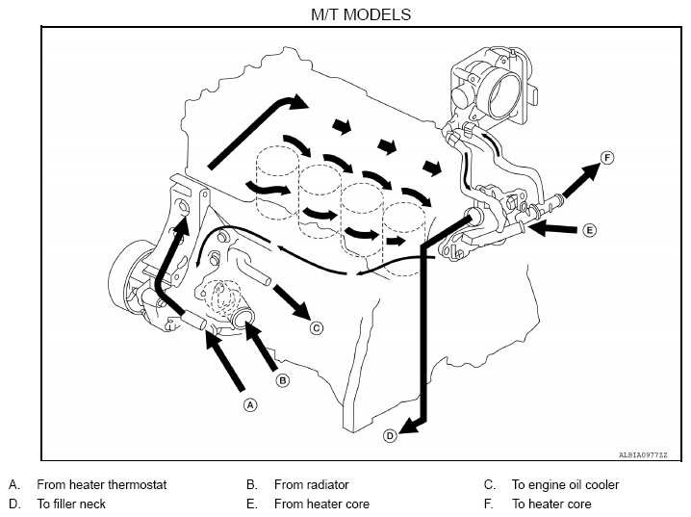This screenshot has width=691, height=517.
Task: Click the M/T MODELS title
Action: pyautogui.click(x=361, y=14)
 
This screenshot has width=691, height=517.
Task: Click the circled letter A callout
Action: pyautogui.click(x=250, y=404)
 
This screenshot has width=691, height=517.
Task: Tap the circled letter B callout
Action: pyautogui.click(x=283, y=380)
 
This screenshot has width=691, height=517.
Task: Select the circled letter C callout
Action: pyautogui.click(x=316, y=328)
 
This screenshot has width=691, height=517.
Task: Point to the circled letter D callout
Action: pyautogui.click(x=390, y=436)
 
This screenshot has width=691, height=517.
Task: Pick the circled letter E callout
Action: pyautogui.click(x=589, y=230)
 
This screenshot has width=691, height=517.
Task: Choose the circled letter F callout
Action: pyautogui.click(x=607, y=158)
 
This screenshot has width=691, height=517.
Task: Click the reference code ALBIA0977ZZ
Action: pyautogui.click(x=643, y=454)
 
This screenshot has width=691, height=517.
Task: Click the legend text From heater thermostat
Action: pyautogui.click(x=102, y=485)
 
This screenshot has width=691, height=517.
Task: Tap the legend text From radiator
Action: pyautogui.click(x=312, y=485)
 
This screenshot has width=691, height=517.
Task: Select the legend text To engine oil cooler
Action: pyautogui.click(x=565, y=485)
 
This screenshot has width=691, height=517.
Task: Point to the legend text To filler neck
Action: pyautogui.click(x=71, y=504)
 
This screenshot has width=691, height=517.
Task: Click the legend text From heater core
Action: pyautogui.click(x=321, y=504)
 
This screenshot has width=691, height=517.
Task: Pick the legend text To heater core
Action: pyautogui.click(x=551, y=504)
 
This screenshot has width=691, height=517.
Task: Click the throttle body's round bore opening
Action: pyautogui.click(x=505, y=94)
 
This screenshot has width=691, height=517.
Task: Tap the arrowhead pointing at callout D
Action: pyautogui.click(x=408, y=427)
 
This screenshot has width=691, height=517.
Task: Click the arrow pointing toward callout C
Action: pyautogui.click(x=293, y=302)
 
